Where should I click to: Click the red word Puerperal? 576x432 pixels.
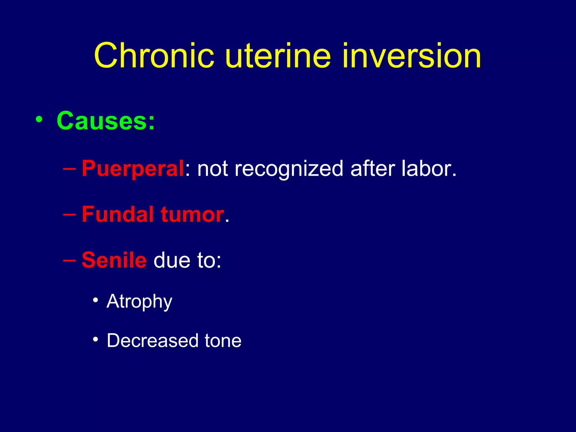click(133, 168)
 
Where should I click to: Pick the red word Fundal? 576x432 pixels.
click(118, 214)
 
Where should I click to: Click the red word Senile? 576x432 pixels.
click(114, 260)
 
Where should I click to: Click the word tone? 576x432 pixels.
click(223, 341)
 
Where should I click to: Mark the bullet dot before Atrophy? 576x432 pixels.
click(96, 300)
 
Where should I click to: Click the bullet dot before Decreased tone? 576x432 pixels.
click(96, 339)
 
